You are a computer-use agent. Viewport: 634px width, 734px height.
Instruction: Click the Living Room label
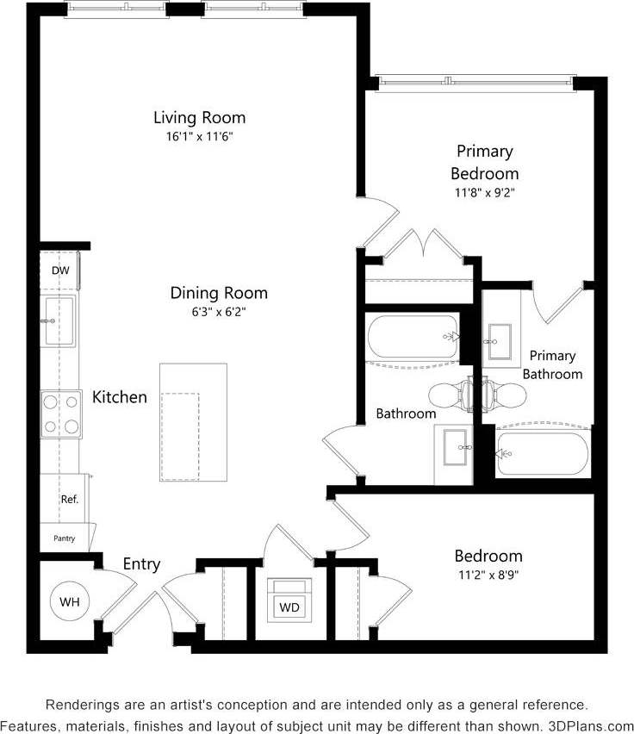click(199, 117)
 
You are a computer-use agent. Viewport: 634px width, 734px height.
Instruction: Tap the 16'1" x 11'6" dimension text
click(199, 137)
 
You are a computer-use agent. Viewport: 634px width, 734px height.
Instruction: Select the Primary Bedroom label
click(484, 162)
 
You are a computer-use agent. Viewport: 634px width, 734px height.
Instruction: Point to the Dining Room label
click(219, 293)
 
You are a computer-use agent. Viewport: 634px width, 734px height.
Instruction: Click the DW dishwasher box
click(59, 271)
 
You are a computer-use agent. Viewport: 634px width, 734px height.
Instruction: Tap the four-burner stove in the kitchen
click(60, 414)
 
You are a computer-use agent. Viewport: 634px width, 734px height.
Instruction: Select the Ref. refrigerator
click(68, 500)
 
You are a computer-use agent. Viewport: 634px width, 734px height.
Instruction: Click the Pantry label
click(64, 538)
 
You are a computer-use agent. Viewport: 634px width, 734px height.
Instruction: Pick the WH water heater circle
click(68, 600)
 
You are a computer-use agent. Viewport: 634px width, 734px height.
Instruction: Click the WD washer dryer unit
click(290, 606)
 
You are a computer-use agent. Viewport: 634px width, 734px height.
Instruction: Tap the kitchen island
click(193, 422)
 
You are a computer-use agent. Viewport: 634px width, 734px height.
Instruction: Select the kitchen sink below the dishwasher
click(59, 320)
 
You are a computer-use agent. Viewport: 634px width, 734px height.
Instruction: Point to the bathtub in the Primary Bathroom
click(542, 453)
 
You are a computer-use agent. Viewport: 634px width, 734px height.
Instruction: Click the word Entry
click(141, 564)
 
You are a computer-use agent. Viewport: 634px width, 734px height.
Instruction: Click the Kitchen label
click(120, 397)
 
